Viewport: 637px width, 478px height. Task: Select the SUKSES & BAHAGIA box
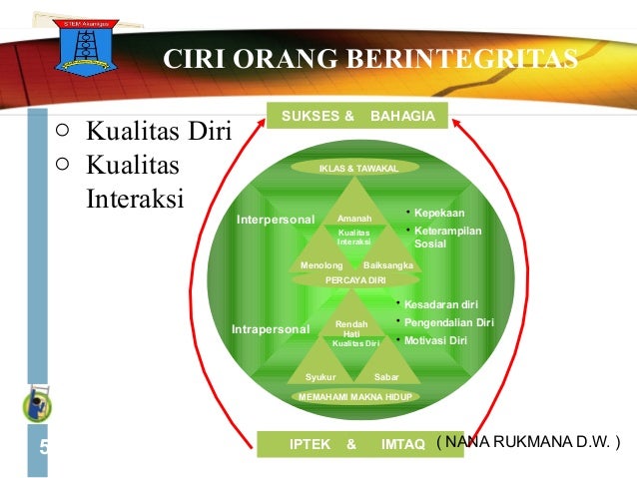(357, 117)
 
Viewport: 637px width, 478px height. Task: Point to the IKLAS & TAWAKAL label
(357, 169)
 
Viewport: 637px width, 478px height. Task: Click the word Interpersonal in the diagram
(275, 219)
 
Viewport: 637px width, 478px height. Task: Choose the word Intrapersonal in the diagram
(270, 328)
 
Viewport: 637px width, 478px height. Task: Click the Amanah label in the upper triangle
(354, 219)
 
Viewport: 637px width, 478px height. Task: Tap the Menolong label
(321, 265)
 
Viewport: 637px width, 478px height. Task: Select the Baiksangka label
(388, 265)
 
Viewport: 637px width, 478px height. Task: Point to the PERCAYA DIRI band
(355, 280)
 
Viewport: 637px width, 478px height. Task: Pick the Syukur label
(320, 377)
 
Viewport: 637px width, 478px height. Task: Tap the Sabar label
(386, 377)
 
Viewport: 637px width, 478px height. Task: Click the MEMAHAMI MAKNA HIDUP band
(355, 396)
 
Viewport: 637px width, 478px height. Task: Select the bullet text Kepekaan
(440, 214)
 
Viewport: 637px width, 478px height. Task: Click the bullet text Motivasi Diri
(436, 340)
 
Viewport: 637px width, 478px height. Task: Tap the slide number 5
(44, 446)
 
